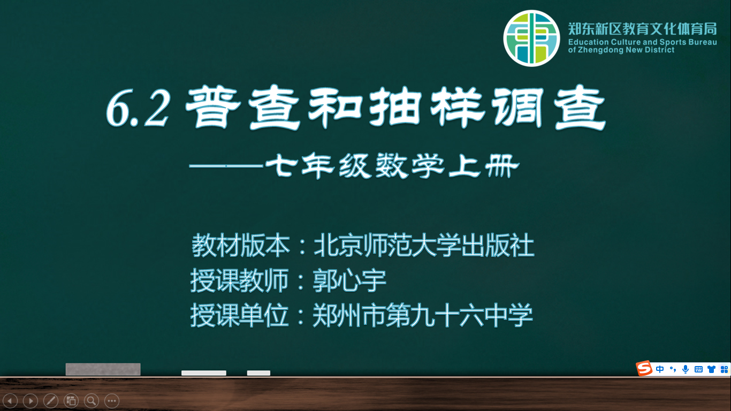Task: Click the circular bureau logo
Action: [531, 38]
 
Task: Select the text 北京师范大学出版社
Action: [424, 245]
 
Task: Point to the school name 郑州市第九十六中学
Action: [423, 315]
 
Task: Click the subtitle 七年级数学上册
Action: [392, 165]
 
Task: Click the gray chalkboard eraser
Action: [103, 369]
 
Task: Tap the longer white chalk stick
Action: [204, 373]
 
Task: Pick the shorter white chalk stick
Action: [258, 373]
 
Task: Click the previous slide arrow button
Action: [10, 400]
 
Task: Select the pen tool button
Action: [51, 400]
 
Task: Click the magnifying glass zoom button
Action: [92, 400]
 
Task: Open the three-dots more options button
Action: [112, 400]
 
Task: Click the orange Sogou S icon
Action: [644, 369]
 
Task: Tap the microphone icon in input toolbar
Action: [686, 369]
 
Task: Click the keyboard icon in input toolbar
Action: [698, 369]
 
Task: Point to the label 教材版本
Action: [240, 245]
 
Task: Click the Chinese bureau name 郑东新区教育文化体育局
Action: [642, 29]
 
